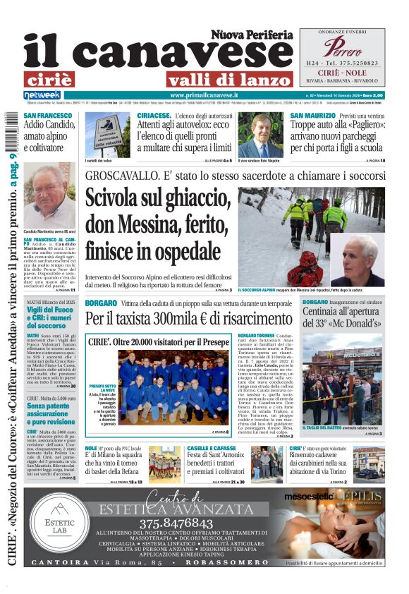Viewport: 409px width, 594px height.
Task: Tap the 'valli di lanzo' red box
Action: (x=230, y=79)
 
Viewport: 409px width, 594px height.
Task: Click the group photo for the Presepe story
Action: (x=170, y=385)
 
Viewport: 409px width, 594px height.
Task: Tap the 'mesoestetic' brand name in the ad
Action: (x=311, y=498)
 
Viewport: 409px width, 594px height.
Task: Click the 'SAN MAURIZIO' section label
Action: (x=313, y=115)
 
